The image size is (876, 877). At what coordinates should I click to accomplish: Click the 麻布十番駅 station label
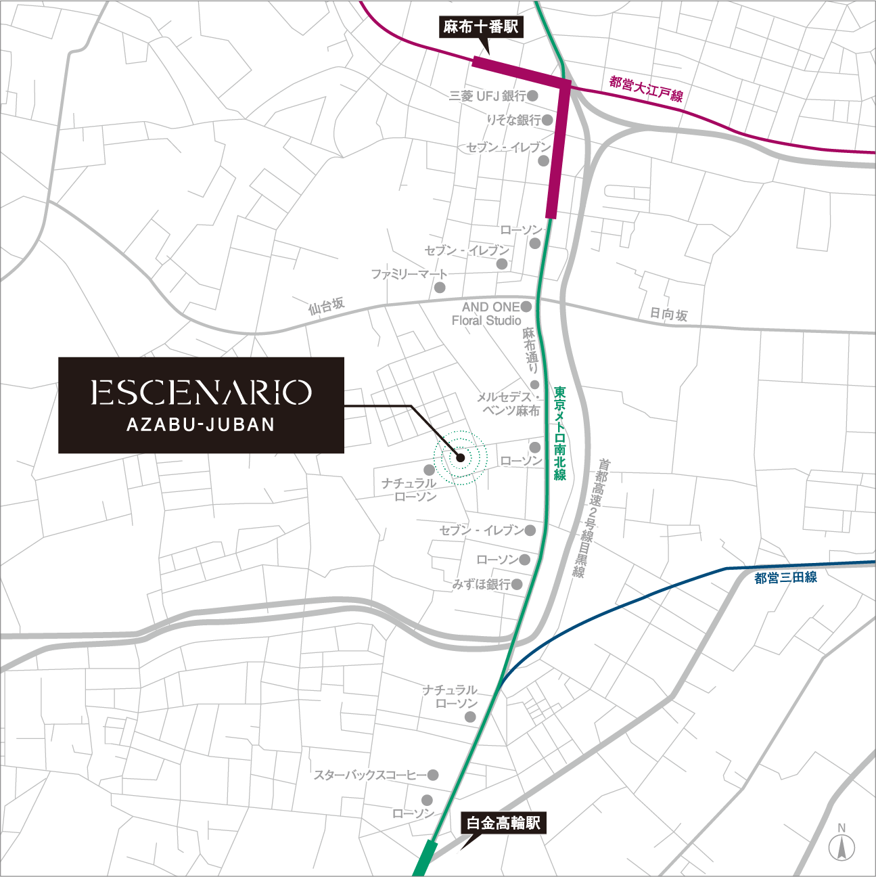tap(480, 27)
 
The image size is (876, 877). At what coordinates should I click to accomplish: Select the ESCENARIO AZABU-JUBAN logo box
tap(201, 405)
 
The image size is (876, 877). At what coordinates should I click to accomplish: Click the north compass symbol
tap(842, 844)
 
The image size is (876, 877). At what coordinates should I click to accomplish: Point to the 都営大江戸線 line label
tap(646, 89)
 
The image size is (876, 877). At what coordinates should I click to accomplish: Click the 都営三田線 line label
tap(785, 578)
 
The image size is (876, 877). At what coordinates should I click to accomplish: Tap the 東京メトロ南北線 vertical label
tap(559, 433)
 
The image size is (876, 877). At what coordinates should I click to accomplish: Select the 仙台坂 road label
tap(327, 306)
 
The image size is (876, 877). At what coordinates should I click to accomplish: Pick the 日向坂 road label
tap(668, 314)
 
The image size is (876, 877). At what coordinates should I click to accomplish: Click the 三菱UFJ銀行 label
tap(487, 96)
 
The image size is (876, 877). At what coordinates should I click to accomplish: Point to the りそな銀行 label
tap(514, 120)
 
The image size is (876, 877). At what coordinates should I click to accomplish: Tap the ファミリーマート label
tap(409, 274)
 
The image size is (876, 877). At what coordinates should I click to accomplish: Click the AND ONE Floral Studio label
tap(487, 313)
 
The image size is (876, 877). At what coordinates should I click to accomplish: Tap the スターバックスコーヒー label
tap(369, 775)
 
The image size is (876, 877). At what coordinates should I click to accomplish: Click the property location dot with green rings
tap(461, 457)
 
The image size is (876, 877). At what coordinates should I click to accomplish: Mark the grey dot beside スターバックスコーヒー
tap(433, 775)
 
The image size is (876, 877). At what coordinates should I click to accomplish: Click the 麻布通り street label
tap(530, 350)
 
